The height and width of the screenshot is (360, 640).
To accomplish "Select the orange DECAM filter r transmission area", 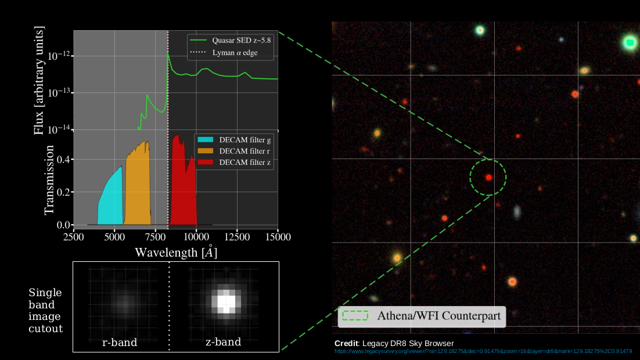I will pyautogui.click(x=138, y=186).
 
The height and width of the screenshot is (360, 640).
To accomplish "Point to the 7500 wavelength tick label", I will pyautogui.click(x=156, y=236).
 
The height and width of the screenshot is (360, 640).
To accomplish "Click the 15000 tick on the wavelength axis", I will pyautogui.click(x=277, y=236).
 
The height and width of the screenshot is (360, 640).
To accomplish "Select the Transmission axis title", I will pyautogui.click(x=49, y=180).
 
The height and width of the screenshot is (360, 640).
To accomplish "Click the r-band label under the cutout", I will pyautogui.click(x=120, y=342).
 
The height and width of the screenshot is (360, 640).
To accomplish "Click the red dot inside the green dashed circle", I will pyautogui.click(x=489, y=177).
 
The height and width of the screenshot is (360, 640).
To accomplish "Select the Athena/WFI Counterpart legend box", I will pyautogui.click(x=422, y=316).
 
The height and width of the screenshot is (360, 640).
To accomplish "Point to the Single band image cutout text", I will pyautogui.click(x=45, y=311).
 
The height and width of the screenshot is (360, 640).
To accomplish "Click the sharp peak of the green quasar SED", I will pyautogui.click(x=168, y=53).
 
